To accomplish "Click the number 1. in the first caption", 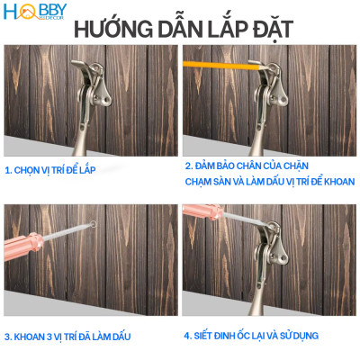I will point(9,168).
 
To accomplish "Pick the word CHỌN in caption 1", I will point(29,168).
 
